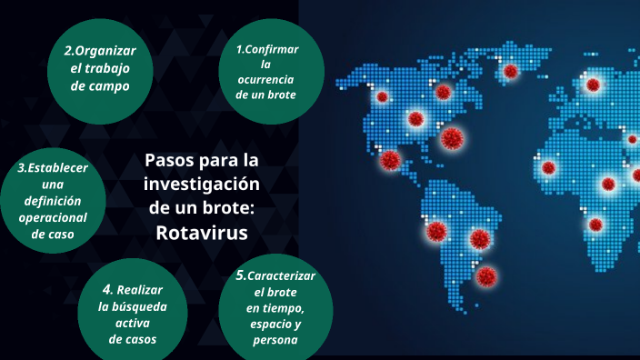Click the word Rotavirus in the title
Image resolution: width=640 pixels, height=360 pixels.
tap(201, 232)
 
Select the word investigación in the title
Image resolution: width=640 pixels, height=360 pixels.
tap(202, 185)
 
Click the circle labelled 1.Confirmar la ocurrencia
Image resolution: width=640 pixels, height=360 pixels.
tap(265, 71)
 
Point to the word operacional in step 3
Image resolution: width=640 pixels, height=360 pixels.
tap(53, 217)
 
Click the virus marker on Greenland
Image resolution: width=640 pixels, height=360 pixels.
tap(510, 70)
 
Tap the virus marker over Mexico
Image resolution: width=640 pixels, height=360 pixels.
tap(390, 161)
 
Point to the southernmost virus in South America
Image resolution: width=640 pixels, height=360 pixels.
tap(486, 275)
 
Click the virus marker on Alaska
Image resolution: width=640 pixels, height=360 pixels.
tap(382, 95)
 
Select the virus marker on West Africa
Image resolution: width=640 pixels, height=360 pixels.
tap(548, 168)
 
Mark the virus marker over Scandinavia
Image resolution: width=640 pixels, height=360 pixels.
tap(593, 85)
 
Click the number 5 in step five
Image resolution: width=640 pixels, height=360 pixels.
tap(240, 275)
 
